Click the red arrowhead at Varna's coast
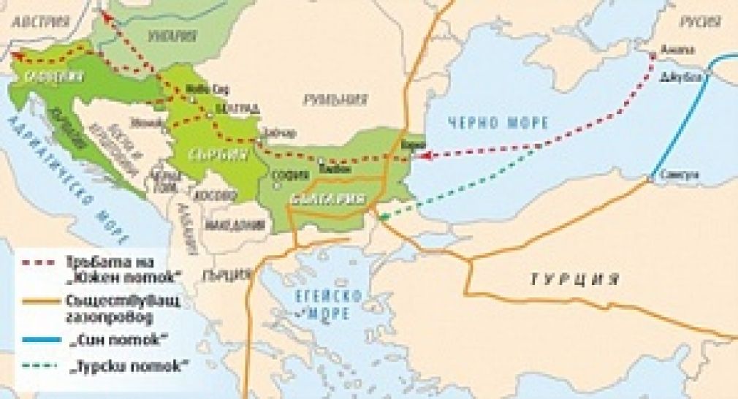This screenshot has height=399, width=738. tap(425, 155)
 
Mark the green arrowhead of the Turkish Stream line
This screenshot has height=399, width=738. tap(381, 214)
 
